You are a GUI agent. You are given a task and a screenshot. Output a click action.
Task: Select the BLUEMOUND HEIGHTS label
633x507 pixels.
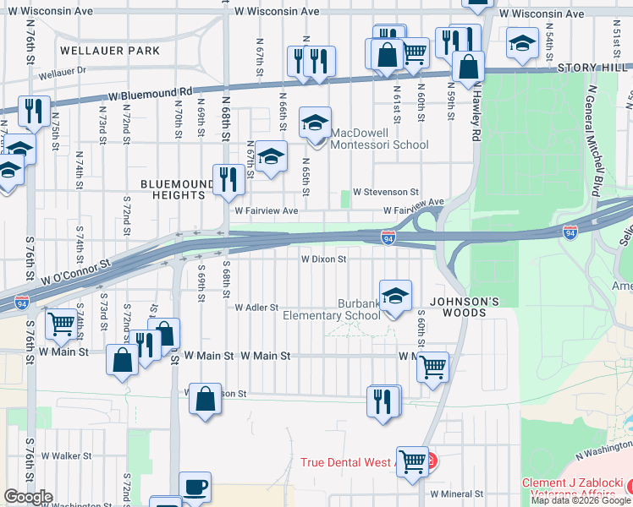173,188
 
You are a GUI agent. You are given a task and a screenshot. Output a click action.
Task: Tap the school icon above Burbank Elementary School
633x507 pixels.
395,296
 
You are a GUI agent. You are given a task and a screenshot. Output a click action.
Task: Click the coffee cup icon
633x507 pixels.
195,488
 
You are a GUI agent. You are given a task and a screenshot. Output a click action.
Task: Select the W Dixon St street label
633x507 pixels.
324,260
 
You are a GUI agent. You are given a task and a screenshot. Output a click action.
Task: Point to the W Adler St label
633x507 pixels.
256,308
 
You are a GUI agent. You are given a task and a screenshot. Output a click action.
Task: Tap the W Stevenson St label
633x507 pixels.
386,193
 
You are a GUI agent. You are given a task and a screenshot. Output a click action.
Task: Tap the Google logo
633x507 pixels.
28,496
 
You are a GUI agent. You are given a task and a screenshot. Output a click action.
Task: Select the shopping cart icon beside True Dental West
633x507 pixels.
412,461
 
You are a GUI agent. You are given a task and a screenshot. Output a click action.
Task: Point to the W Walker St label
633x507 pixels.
66,456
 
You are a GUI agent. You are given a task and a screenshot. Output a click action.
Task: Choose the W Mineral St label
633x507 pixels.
456,494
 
